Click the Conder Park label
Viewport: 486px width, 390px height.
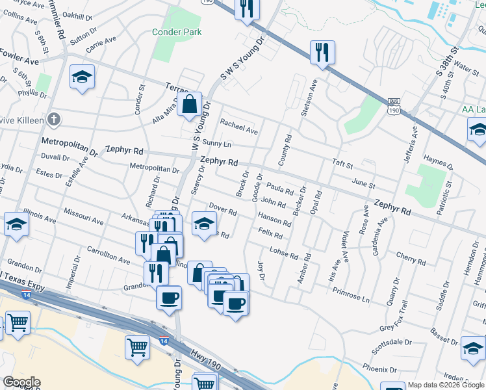point(177,32)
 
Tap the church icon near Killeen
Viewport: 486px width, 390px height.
point(55,120)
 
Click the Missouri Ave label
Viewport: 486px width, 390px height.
point(84,217)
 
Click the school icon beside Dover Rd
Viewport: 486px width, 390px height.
point(204,224)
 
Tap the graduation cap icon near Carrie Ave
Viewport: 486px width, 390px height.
point(83,76)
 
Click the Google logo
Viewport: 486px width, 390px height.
point(21,382)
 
